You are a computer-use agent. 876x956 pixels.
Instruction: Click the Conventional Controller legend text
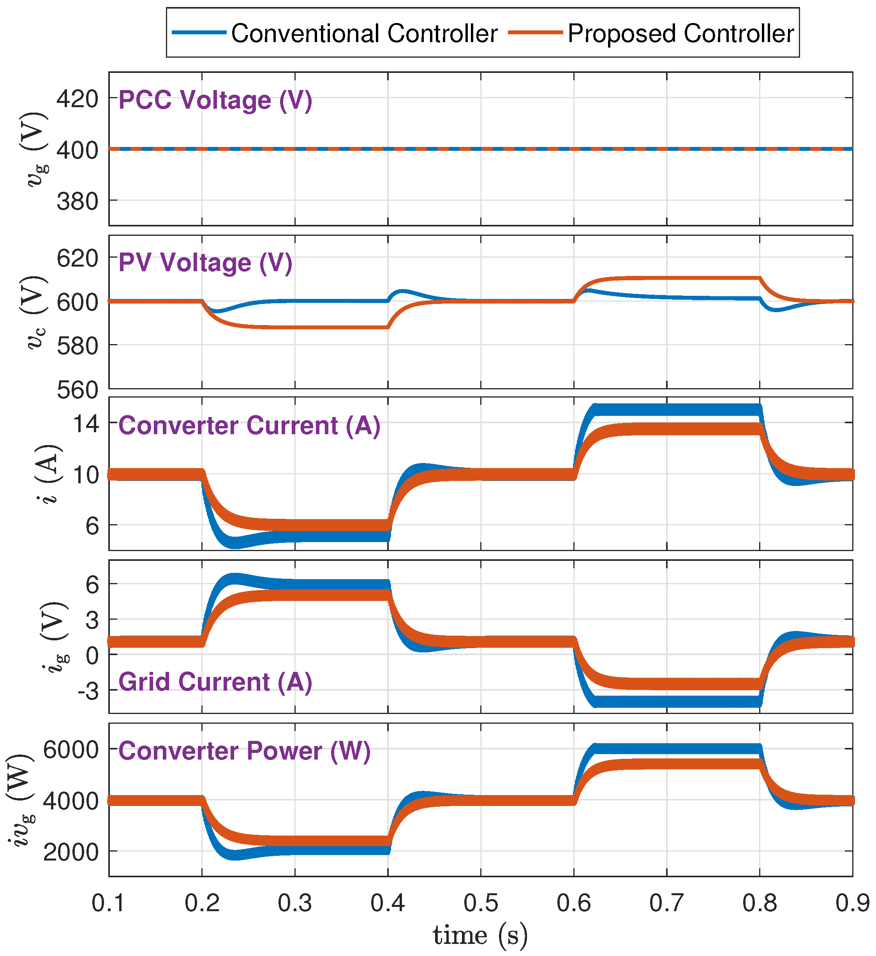click(x=364, y=34)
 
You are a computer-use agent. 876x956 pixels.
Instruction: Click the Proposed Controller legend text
click(x=681, y=34)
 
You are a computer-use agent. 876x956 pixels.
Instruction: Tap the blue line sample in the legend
click(x=199, y=33)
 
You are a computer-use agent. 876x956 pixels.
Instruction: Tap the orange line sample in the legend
click(x=535, y=33)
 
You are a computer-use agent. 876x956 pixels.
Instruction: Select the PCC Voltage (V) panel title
click(x=215, y=101)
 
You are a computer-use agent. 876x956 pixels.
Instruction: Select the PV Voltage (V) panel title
click(x=205, y=263)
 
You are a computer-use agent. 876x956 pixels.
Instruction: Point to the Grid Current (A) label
click(x=215, y=682)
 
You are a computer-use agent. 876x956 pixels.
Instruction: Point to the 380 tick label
click(x=77, y=201)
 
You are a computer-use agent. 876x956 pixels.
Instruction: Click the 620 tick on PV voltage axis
click(x=77, y=259)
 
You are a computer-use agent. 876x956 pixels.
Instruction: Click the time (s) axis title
click(x=480, y=936)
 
